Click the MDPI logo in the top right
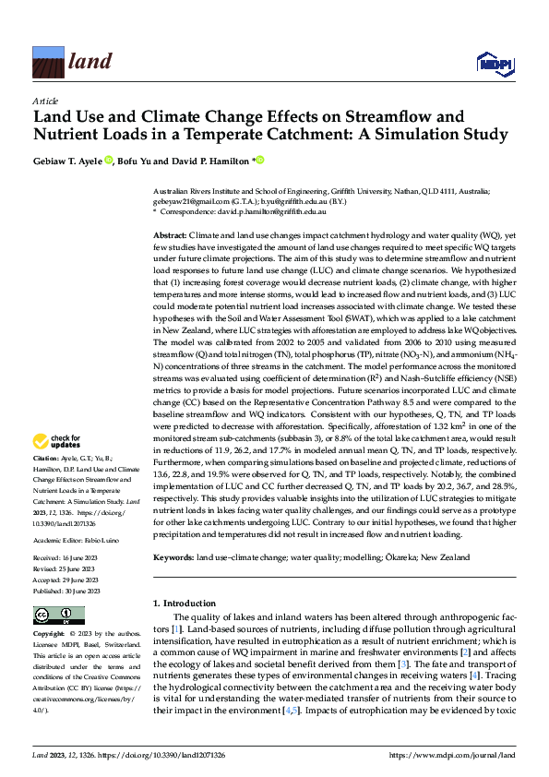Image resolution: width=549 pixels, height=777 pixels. click(494, 62)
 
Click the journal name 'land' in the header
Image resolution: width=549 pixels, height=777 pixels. click(90, 62)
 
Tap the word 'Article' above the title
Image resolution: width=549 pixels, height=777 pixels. click(45, 101)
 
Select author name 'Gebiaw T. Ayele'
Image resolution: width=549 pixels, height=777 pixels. click(67, 161)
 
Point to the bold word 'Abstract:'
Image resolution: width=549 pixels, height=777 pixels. click(171, 236)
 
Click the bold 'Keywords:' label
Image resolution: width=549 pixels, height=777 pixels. click(173, 558)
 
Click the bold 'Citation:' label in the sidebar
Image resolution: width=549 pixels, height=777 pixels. click(48, 459)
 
